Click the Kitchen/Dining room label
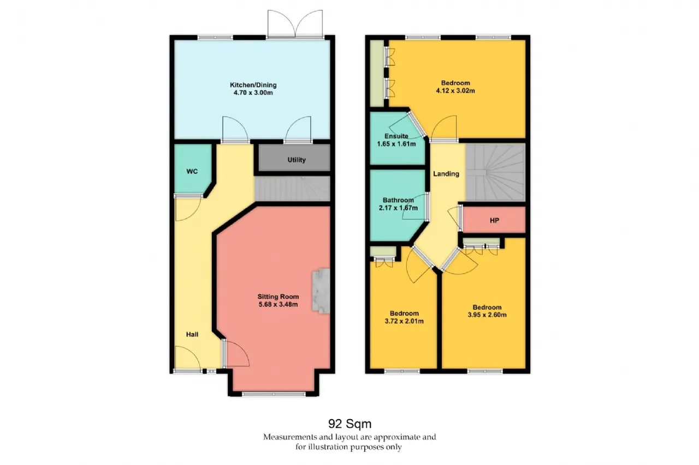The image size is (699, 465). (x=253, y=84)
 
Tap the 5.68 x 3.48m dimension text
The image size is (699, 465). (x=278, y=304)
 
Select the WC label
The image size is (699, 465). (x=192, y=171)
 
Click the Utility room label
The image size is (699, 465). (x=297, y=160)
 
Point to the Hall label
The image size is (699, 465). (x=192, y=335)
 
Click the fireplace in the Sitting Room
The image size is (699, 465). (x=321, y=291)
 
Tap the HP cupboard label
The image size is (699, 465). (x=494, y=221)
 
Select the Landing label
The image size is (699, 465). (x=446, y=174)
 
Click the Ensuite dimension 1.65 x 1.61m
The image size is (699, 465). (x=396, y=144)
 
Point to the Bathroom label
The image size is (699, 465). (x=398, y=200)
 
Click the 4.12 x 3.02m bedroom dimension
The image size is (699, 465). (x=455, y=90)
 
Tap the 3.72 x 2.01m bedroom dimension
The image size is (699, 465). (x=404, y=321)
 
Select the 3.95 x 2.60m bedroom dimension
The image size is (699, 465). (x=487, y=315)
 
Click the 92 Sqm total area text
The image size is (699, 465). (x=350, y=424)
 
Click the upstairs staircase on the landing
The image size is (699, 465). (x=495, y=172)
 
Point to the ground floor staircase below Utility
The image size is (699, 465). (x=292, y=189)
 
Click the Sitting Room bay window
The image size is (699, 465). (x=274, y=394)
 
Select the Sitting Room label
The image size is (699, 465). (x=278, y=297)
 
